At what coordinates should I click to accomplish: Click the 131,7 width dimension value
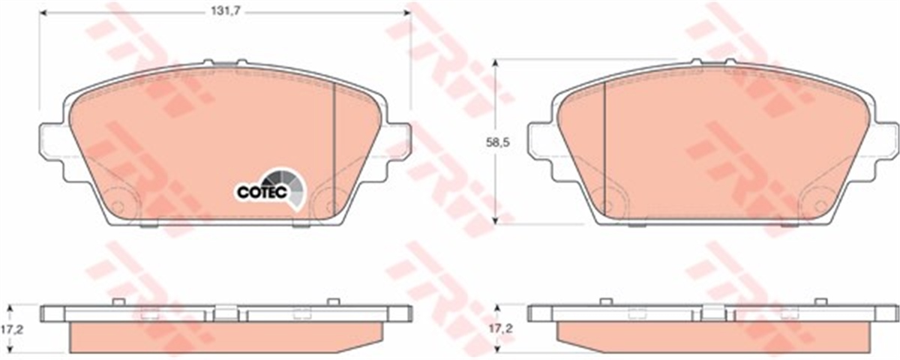[226, 12]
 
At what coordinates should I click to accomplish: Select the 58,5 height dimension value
[498, 142]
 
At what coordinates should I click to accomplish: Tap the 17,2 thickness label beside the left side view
[12, 329]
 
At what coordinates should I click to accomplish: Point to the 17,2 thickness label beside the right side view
[501, 329]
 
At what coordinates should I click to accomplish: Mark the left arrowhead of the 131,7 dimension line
[43, 13]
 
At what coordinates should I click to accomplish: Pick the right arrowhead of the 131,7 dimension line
[407, 13]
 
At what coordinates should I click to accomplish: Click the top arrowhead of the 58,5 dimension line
[496, 63]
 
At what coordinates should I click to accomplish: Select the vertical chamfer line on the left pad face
[334, 151]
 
